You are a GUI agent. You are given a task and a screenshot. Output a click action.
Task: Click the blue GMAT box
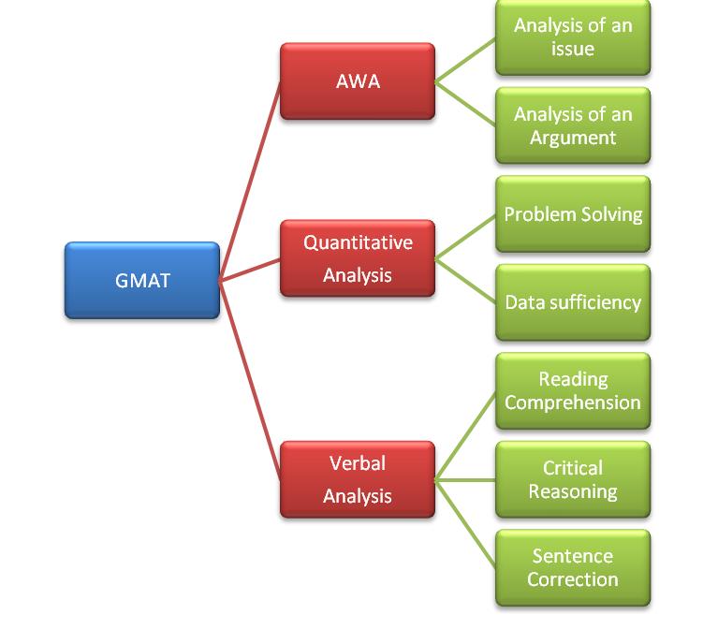[142, 281]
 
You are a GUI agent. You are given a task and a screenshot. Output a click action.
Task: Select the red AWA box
[358, 81]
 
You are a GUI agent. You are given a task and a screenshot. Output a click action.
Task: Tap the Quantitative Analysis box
[358, 258]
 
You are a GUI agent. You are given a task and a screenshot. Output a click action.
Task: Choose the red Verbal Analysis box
[358, 479]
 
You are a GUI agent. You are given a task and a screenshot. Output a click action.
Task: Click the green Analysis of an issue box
[573, 37]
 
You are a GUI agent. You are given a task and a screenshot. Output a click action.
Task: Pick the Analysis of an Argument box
[573, 125]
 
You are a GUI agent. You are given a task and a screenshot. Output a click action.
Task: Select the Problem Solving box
[573, 214]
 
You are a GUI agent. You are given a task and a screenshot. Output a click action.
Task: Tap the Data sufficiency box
[573, 302]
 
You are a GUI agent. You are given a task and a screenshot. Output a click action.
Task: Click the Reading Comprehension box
[573, 391]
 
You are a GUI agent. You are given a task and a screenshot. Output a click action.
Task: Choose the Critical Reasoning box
[573, 479]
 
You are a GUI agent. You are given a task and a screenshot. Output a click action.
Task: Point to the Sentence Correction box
[573, 567]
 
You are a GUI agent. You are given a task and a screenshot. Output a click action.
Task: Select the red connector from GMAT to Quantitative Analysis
[250, 270]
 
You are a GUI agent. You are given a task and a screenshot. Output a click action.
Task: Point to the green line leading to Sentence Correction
[465, 523]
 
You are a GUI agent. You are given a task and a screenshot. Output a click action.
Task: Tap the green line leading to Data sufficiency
[465, 281]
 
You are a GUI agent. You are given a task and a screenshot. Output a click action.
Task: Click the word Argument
[573, 138]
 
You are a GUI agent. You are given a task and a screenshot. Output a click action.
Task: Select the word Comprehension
[573, 402]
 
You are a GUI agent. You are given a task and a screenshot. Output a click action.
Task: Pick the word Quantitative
[358, 242]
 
